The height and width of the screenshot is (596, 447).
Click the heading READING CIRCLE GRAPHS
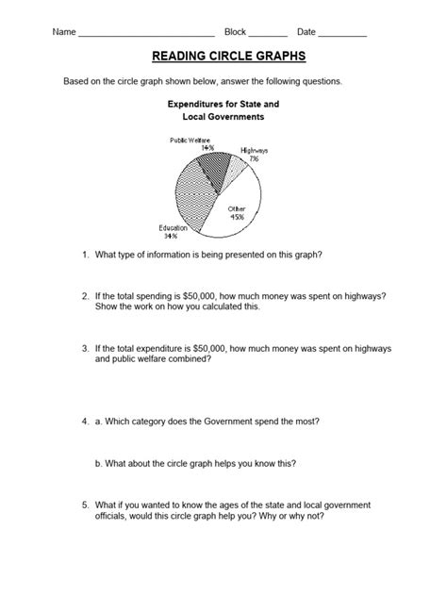(223, 58)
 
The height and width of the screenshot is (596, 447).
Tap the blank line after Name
(146, 35)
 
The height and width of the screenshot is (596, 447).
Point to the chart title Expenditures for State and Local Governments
(223, 111)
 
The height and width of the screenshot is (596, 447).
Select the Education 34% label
(173, 232)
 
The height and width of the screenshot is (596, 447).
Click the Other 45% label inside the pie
(236, 211)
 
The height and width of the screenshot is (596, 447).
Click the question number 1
(85, 255)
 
